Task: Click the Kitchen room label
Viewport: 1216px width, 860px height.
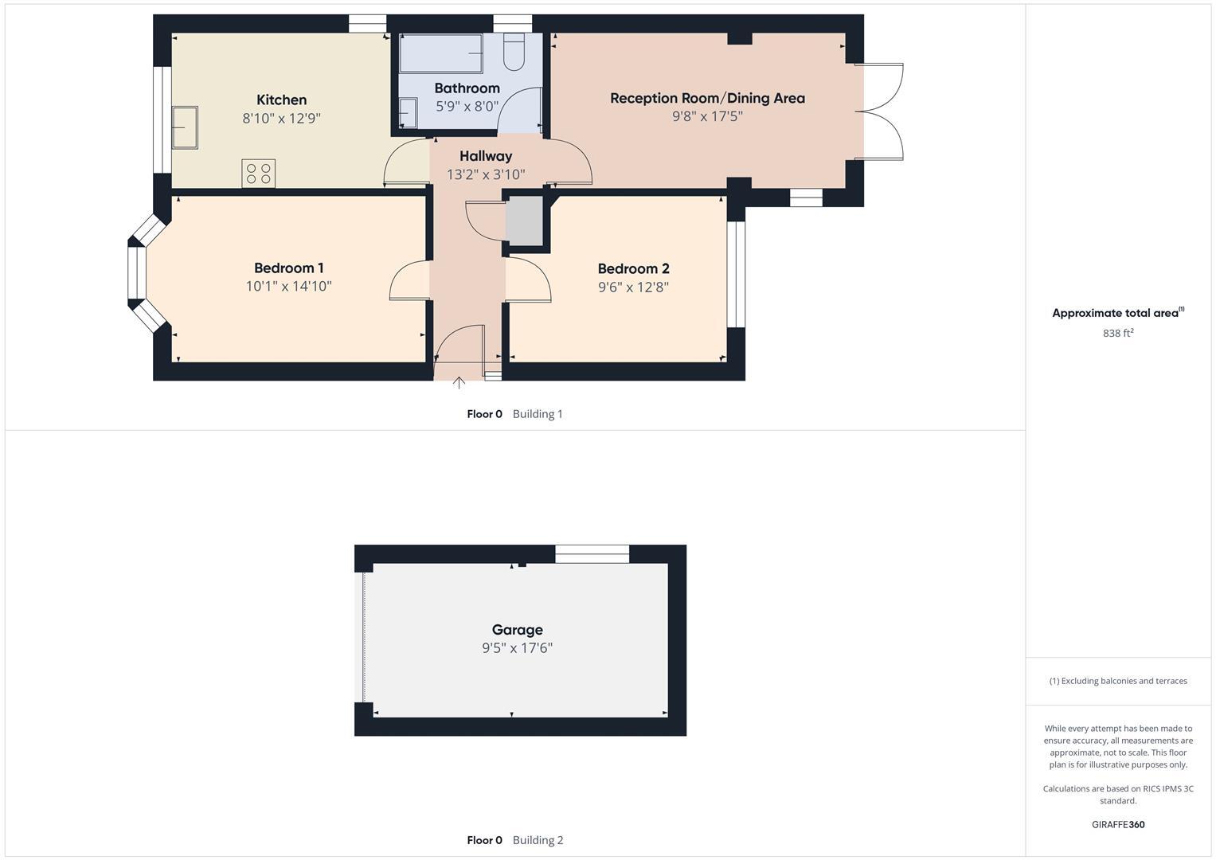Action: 281,100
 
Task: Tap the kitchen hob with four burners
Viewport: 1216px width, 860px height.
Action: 258,174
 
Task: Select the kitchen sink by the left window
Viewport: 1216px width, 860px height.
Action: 185,127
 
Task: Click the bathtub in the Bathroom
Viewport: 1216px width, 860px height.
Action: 440,53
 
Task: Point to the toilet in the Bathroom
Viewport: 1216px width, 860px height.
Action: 514,52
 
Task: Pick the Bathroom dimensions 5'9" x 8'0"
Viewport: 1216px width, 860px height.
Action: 467,106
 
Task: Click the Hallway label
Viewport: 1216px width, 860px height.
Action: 486,156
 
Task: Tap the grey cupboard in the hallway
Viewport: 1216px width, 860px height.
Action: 524,220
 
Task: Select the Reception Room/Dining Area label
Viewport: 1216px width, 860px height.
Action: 707,98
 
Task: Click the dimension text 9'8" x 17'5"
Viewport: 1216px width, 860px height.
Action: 707,116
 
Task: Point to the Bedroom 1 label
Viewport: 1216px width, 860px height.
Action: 288,268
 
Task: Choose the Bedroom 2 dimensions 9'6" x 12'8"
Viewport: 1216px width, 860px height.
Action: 633,287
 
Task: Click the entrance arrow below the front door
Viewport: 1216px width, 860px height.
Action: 459,383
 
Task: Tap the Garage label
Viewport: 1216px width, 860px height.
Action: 517,629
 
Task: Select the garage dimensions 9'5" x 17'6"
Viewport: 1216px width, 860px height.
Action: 517,648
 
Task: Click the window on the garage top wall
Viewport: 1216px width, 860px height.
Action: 592,553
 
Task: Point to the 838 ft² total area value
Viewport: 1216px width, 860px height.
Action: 1118,334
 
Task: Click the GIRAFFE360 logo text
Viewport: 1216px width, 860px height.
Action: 1118,824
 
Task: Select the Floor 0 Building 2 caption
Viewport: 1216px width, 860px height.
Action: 514,840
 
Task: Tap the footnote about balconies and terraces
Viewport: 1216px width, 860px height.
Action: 1118,681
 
